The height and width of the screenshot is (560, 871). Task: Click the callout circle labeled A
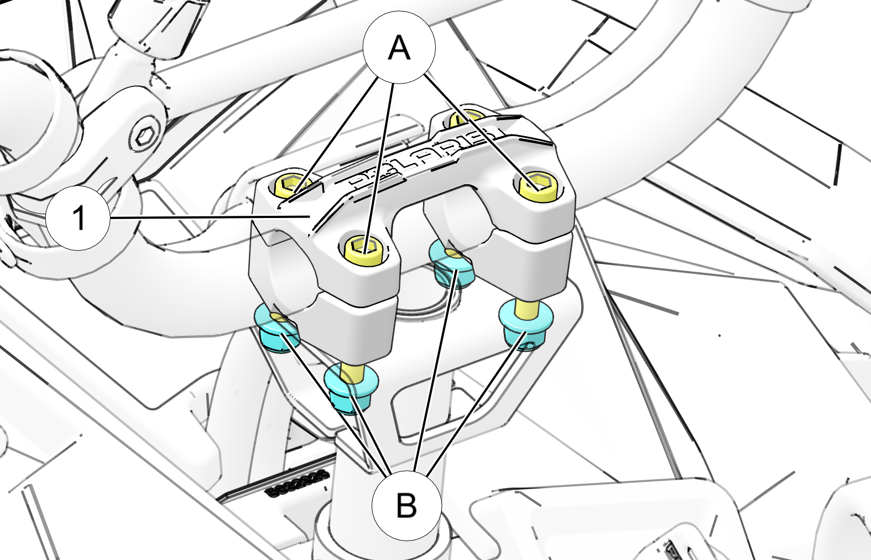(399, 48)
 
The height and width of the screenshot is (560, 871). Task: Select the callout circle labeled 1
(79, 217)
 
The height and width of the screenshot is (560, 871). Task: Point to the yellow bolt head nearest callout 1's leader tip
(291, 184)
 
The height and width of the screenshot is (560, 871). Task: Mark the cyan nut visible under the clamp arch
(452, 267)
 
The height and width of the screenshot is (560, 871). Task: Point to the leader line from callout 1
(210, 217)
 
